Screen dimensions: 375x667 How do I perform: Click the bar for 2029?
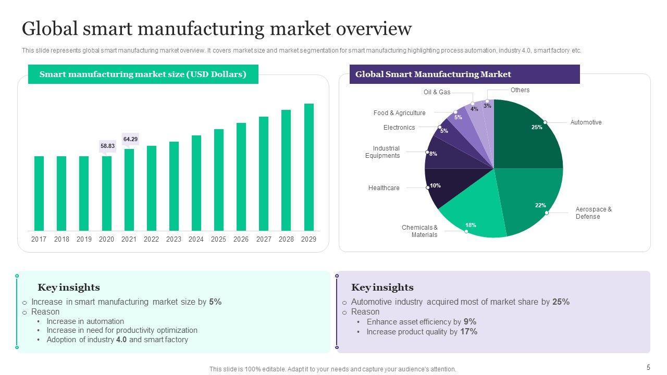click(309, 167)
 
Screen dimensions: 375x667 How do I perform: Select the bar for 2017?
click(39, 193)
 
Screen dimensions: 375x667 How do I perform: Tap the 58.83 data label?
click(107, 146)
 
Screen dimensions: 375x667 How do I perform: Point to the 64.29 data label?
click(130, 139)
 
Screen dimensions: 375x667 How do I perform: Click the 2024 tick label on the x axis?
click(196, 240)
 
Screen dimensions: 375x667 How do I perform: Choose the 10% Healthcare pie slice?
click(443, 187)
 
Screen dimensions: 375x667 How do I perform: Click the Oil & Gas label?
click(437, 92)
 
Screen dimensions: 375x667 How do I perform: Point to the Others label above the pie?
click(520, 90)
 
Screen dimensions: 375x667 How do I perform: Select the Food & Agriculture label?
click(399, 113)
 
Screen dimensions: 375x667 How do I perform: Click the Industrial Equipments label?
click(382, 152)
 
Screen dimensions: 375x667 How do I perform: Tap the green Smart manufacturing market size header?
click(143, 74)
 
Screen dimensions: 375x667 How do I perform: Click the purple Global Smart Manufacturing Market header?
click(464, 74)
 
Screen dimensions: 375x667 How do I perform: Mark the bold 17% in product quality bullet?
click(468, 332)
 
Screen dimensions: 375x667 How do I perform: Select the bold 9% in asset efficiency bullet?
click(470, 322)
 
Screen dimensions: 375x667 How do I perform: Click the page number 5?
click(648, 367)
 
